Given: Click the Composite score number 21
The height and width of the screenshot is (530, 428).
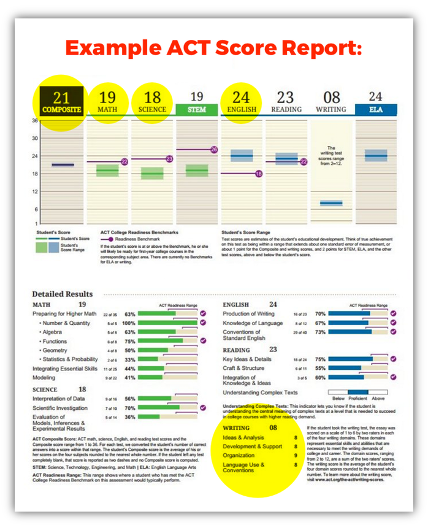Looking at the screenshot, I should [x=61, y=97].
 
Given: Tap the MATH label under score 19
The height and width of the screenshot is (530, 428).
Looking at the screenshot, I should [x=107, y=110].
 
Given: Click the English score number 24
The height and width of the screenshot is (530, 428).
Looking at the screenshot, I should [x=241, y=97].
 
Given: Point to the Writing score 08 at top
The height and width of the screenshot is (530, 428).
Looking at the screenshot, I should [x=331, y=97].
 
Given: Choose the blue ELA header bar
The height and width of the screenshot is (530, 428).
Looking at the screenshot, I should [x=375, y=110].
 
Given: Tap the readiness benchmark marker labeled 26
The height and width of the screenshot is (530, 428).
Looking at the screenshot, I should [x=214, y=150].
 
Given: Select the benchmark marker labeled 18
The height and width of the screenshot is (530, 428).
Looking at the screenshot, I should [x=258, y=174].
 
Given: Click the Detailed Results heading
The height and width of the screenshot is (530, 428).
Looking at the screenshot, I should [x=63, y=294].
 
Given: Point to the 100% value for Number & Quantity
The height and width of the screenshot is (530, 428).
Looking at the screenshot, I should [x=129, y=323].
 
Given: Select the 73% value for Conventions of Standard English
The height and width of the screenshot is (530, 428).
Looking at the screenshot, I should [x=319, y=332].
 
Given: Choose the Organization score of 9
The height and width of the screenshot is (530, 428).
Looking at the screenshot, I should [x=296, y=456].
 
